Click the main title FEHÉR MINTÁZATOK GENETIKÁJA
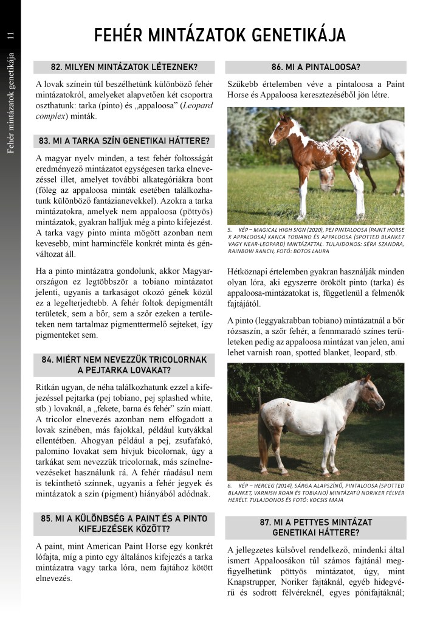coord(220,35)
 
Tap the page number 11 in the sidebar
coord(10,36)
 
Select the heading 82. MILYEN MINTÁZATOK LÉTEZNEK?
coord(125,67)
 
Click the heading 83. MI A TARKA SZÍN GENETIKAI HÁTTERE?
coord(125,141)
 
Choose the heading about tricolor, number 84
coord(125,364)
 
